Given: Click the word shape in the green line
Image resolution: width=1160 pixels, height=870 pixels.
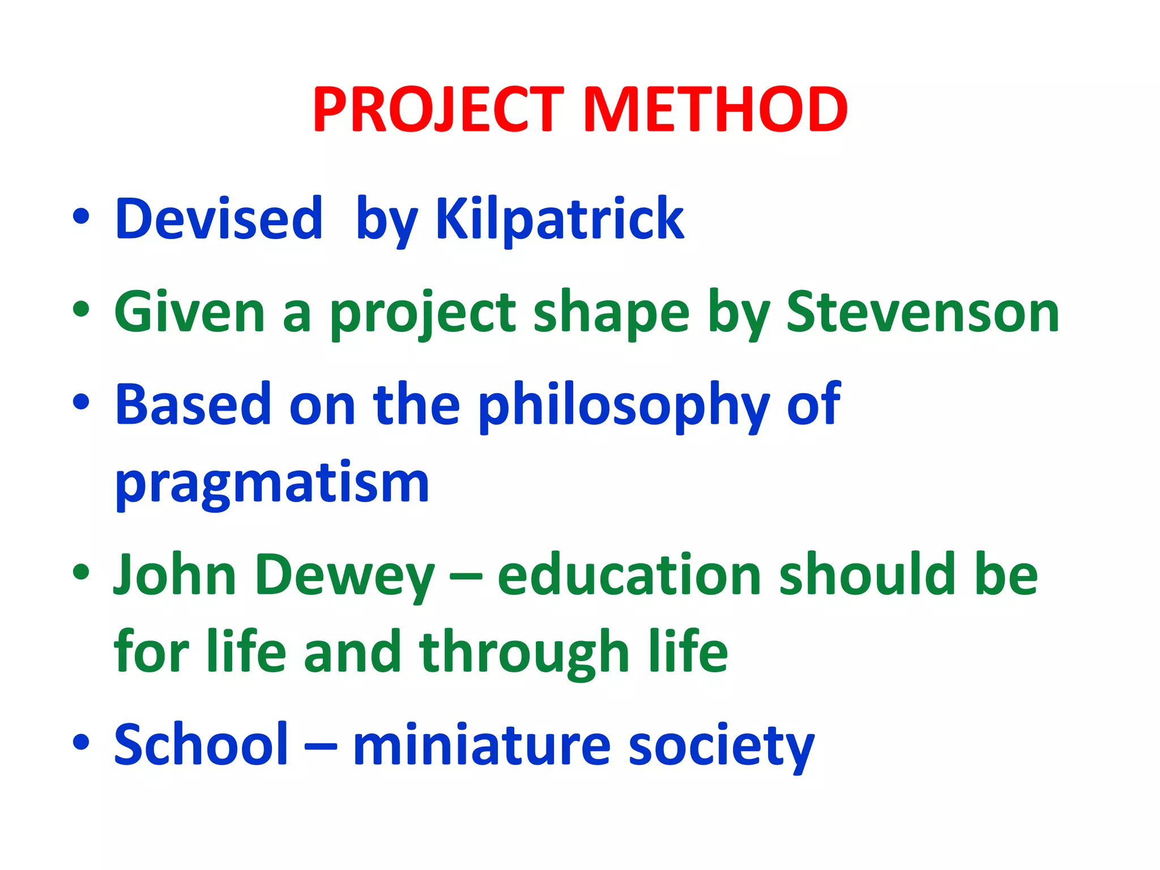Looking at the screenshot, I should click(x=612, y=313).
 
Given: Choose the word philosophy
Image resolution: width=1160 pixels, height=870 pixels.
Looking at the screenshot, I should click(x=624, y=406).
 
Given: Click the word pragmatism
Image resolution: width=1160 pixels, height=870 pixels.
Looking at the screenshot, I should click(x=272, y=484).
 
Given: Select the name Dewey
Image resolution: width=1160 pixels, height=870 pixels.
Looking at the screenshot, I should click(x=345, y=575).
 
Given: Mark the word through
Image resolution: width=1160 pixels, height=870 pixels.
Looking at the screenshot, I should click(x=524, y=652).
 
